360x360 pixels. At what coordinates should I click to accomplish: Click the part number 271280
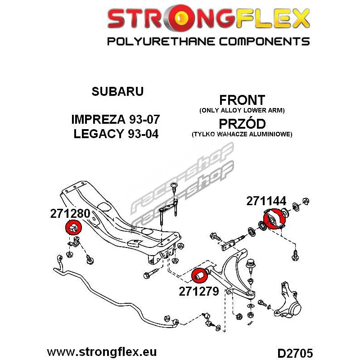point(70,213)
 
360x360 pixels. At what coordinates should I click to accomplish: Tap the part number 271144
point(266,201)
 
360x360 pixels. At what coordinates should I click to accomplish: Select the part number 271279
point(199,292)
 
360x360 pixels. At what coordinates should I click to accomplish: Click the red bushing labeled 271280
point(73,227)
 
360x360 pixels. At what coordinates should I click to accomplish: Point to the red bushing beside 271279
point(199,275)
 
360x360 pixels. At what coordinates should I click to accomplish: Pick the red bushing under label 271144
point(274,218)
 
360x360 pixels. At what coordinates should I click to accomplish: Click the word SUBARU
point(117,91)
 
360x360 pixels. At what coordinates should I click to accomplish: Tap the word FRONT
point(242,100)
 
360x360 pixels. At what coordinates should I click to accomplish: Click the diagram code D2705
point(295,353)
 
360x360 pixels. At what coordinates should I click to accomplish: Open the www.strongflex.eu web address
point(102,352)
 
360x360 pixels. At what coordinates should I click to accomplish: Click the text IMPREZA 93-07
point(116,119)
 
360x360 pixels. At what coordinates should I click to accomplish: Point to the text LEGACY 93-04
point(116,134)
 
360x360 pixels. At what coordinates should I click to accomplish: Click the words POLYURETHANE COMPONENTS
point(208,41)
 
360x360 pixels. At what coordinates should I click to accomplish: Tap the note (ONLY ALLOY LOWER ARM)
point(242,110)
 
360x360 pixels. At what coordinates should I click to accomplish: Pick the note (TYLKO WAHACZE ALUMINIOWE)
point(242,134)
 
